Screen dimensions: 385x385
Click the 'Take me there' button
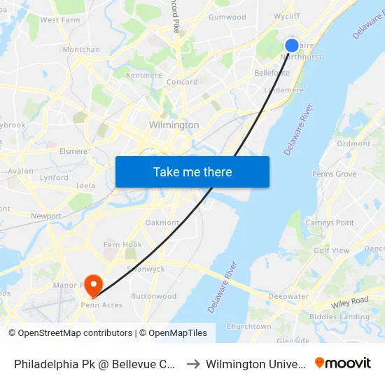pos(192,171)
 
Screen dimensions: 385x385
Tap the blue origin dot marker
pos(292,45)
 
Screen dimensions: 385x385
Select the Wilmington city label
pos(174,125)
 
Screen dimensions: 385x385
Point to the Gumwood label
pos(227,17)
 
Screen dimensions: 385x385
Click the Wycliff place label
pos(287,16)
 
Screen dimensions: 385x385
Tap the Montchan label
pos(81,50)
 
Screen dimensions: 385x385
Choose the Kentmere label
pos(144,75)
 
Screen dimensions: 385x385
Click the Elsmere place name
pos(73,151)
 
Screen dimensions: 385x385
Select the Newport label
pos(46,216)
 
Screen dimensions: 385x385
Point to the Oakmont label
pos(162,223)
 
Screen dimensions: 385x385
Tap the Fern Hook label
pos(122,245)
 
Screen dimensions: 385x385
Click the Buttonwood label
pos(154,296)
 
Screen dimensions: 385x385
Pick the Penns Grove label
pos(334,174)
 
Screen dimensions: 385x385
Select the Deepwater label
pos(288,296)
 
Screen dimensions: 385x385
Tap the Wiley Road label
pos(350,302)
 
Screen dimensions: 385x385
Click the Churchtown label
pos(248,326)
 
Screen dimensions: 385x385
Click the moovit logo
pos(343,363)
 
